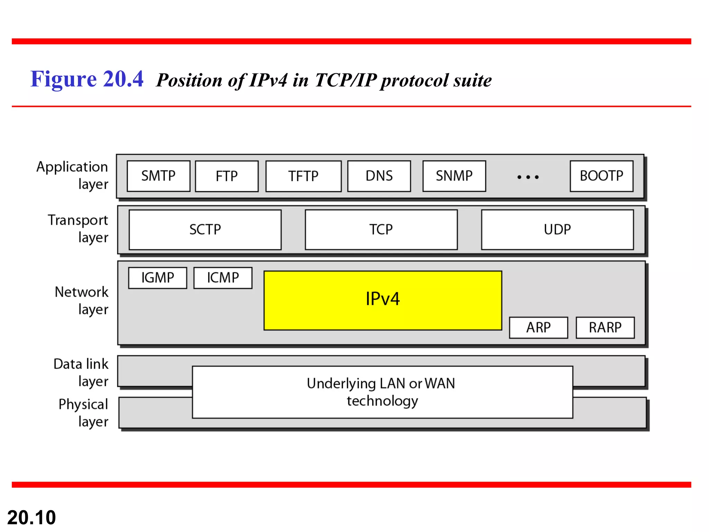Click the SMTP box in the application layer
(x=158, y=176)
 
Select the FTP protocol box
(x=227, y=176)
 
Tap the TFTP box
(x=303, y=176)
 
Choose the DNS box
(x=379, y=176)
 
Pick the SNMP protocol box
(x=454, y=176)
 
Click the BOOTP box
(x=601, y=176)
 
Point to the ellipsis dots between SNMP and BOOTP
(x=528, y=177)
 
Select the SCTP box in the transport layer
(x=205, y=230)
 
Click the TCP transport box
(x=381, y=230)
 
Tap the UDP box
(x=557, y=230)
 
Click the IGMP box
(x=158, y=278)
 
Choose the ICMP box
(x=223, y=278)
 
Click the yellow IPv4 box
(x=383, y=300)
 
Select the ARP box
(x=538, y=328)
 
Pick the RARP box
(x=605, y=328)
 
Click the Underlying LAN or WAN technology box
(x=382, y=392)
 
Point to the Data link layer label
(x=81, y=372)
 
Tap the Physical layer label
(x=83, y=413)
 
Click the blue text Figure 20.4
(x=87, y=79)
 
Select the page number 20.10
(x=32, y=517)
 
